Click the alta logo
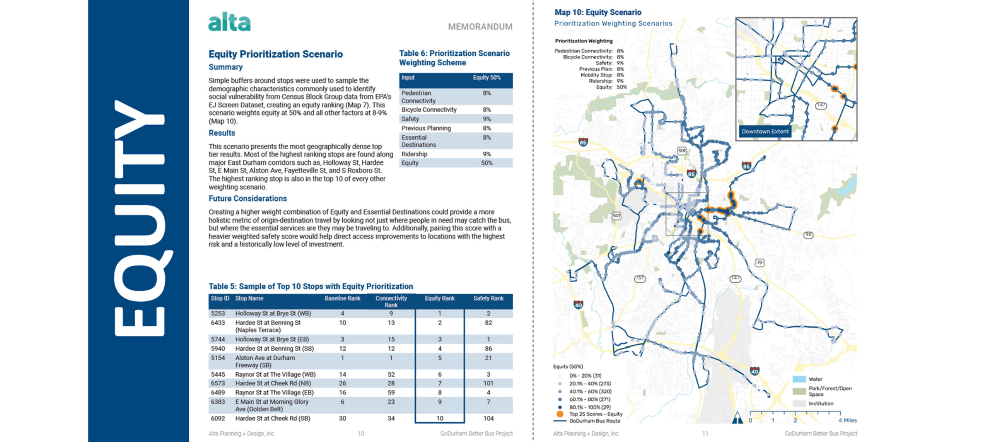point(229,22)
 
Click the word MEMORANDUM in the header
point(480,27)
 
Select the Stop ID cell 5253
point(218,313)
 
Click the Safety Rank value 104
point(488,418)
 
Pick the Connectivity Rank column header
point(391,301)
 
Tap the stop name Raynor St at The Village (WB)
point(275,374)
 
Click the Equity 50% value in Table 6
point(486,163)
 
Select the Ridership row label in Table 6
point(414,154)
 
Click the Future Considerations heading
point(247,198)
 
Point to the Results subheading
point(222,133)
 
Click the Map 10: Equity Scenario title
point(597,12)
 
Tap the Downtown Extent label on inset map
point(765,131)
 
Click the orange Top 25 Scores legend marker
point(560,414)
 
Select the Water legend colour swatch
point(799,379)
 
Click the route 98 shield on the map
point(808,235)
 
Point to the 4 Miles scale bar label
point(847,420)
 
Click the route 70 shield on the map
point(760,263)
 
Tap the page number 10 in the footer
point(360,433)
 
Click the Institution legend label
point(821,403)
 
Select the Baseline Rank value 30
point(342,418)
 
